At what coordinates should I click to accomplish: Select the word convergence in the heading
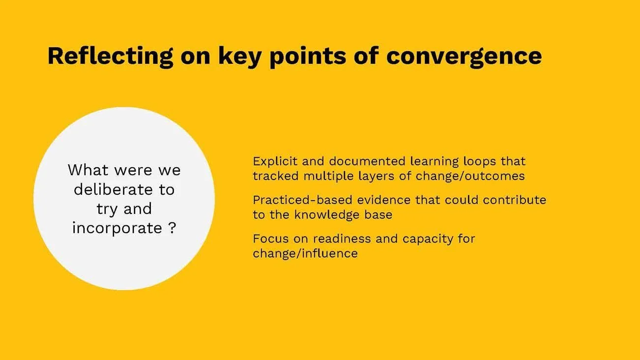click(464, 56)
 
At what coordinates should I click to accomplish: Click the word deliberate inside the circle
click(124, 189)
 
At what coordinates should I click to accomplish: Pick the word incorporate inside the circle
click(117, 228)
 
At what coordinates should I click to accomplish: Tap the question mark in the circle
click(172, 228)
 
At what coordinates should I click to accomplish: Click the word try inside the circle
click(107, 209)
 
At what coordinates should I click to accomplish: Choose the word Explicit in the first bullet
click(272, 161)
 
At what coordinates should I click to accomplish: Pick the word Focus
click(268, 239)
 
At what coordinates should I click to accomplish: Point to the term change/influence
click(305, 253)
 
